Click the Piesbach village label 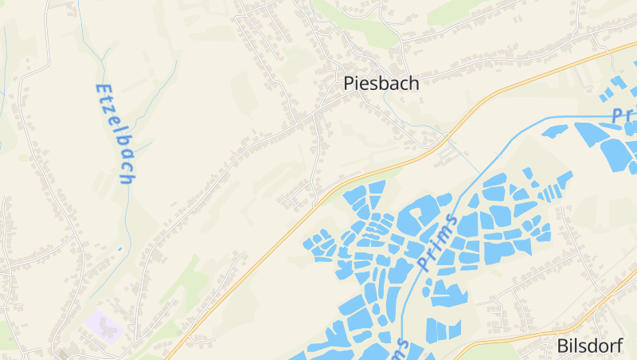click(x=381, y=83)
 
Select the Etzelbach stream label click(x=114, y=133)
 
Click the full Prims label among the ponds click(x=438, y=242)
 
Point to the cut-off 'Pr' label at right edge click(x=623, y=113)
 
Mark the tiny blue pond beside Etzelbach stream click(x=120, y=248)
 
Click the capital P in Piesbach click(x=349, y=83)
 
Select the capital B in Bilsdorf click(x=561, y=346)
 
